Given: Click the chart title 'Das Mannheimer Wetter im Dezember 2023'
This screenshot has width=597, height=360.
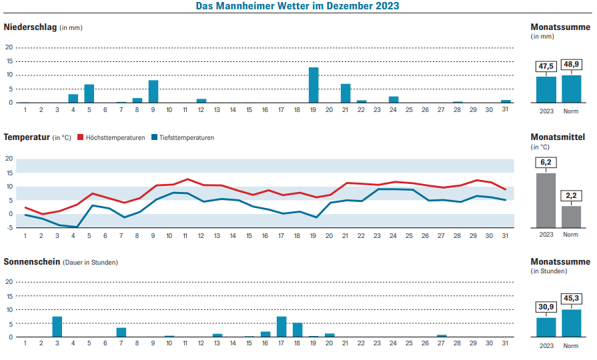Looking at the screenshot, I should (297, 6).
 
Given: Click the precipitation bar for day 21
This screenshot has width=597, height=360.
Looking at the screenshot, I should (346, 93).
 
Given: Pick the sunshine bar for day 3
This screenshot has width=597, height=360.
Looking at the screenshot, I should (57, 327).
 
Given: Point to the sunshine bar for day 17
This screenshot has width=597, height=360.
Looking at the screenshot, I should (281, 327).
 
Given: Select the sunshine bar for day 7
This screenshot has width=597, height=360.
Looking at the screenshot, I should (121, 332).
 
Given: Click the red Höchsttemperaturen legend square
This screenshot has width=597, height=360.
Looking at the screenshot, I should (80, 137).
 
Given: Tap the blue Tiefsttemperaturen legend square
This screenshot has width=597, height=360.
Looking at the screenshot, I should (153, 137).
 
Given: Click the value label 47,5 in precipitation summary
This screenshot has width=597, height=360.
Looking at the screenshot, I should (546, 66).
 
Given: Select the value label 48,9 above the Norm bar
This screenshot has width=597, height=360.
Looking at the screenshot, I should (571, 65).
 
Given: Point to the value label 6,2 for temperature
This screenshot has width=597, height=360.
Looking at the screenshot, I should (546, 163).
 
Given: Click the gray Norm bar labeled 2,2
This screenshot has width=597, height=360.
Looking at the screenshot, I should (571, 217).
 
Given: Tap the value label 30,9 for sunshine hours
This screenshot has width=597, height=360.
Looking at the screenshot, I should (546, 307).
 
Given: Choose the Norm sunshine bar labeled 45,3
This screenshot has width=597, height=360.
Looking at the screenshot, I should (571, 323).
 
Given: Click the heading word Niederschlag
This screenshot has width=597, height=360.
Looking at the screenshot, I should (30, 27).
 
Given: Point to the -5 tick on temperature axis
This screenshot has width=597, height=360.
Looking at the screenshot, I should (9, 227).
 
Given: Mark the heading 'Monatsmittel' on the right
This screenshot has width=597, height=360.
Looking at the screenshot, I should (558, 137).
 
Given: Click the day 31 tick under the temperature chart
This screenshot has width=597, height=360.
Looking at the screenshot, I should (505, 235).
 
